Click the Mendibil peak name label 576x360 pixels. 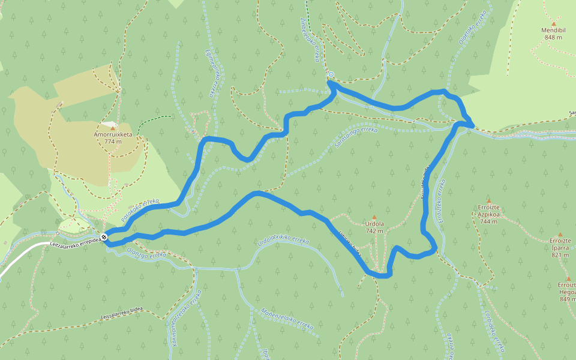(553, 29)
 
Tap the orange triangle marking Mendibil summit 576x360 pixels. (553, 23)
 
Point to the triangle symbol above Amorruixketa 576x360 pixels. (112, 128)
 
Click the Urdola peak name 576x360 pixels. (374, 224)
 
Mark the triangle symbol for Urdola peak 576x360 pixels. (374, 217)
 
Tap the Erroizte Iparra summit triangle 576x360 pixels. (560, 235)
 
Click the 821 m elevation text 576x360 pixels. (560, 255)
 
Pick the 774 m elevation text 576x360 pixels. (112, 142)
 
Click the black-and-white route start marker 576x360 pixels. (105, 237)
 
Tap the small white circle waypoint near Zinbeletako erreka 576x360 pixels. (331, 75)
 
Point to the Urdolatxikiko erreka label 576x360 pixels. (283, 240)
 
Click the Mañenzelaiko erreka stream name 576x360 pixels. (287, 319)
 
